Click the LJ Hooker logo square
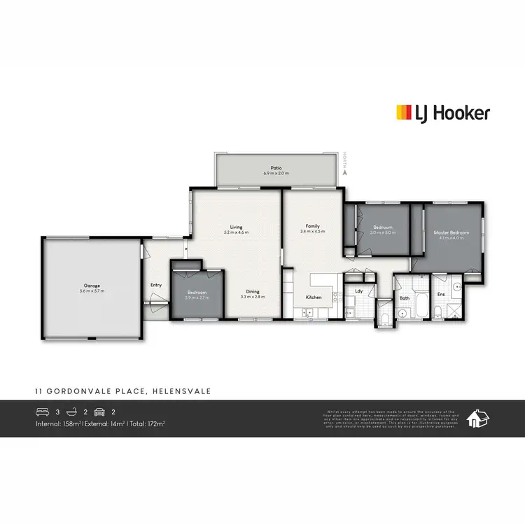pos(404,113)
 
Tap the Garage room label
pos(92,285)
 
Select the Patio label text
pos(276,167)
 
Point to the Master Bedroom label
pos(451,232)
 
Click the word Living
pos(237,227)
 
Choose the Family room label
pos(312,226)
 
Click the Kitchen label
pos(313,298)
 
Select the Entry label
pos(155,285)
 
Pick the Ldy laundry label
pos(358,290)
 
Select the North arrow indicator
pos(346,162)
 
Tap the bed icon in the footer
pos(41,412)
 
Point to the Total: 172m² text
pos(147,423)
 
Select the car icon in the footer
pos(99,412)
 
